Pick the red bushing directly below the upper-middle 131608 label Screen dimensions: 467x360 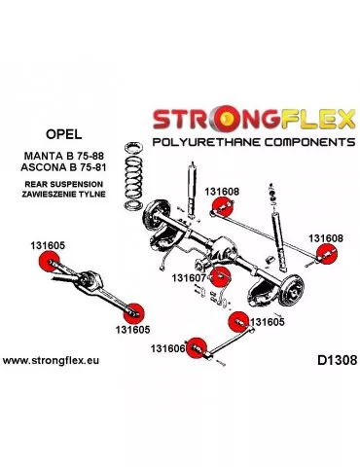click(221, 206)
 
